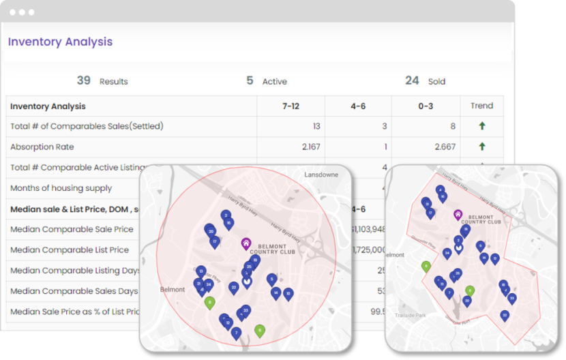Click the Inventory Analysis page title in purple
point(60,42)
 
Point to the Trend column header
point(481,106)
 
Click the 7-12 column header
point(291,106)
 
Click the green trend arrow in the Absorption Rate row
point(481,147)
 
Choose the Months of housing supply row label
point(61,187)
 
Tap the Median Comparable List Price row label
point(70,250)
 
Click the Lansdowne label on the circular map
point(321,175)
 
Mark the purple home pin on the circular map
point(245,243)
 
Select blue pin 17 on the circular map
point(214,241)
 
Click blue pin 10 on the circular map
point(288,293)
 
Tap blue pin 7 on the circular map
point(236,333)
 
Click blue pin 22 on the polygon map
point(505,316)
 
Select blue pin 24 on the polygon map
point(447,253)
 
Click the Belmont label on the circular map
point(172,290)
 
